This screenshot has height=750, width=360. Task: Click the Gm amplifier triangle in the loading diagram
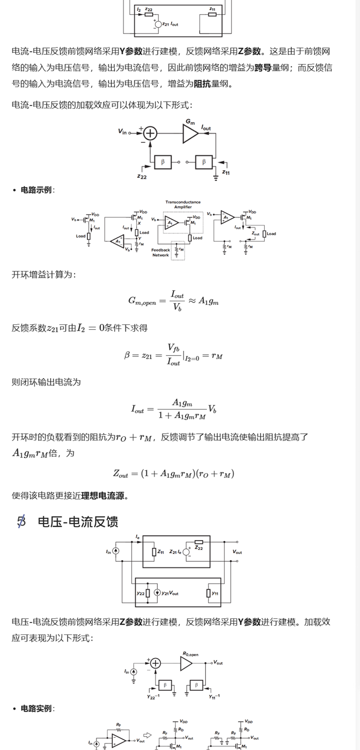tap(190, 134)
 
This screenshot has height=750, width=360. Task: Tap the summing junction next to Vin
tap(150, 134)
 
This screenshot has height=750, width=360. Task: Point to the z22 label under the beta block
tap(142, 176)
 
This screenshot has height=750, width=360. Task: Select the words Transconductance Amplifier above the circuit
tap(183, 204)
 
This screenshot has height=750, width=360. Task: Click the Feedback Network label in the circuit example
tap(160, 252)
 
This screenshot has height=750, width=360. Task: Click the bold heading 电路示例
tap(36, 190)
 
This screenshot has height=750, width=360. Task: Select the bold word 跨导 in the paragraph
tap(263, 67)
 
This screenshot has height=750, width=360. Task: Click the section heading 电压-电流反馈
tap(78, 521)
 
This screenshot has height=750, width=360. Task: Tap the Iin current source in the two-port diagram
tap(116, 551)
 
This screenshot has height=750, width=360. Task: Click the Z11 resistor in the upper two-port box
tap(154, 552)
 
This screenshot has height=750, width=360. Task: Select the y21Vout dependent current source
tap(157, 593)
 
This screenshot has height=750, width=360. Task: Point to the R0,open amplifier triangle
tap(186, 663)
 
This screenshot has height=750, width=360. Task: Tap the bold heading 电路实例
tap(36, 708)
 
